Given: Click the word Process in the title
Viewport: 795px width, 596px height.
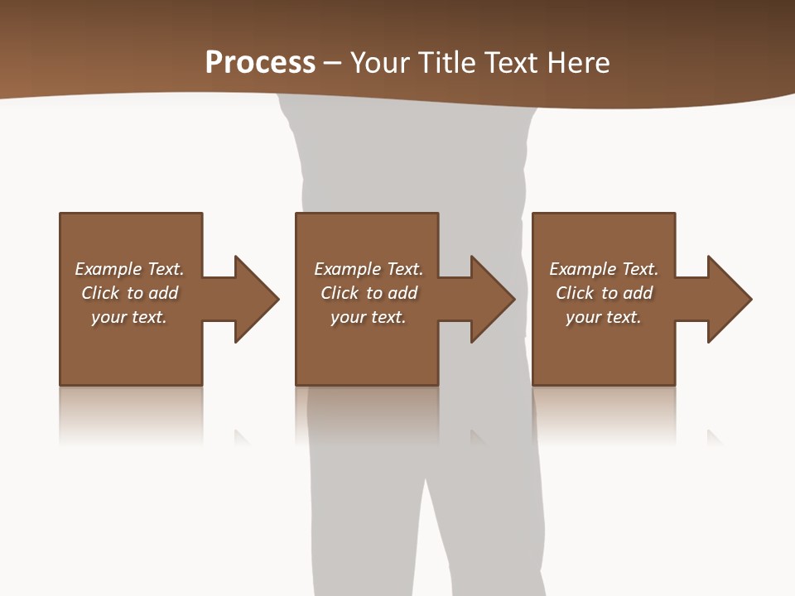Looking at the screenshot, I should point(260,63).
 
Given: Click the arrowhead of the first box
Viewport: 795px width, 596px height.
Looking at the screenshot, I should point(256,299).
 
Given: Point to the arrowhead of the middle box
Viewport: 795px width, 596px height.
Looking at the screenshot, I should point(492,299).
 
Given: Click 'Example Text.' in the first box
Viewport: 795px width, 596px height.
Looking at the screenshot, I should point(129,269).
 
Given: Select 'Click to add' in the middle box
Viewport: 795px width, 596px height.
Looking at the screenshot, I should point(369,293).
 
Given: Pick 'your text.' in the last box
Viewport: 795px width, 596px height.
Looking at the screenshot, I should point(604,317).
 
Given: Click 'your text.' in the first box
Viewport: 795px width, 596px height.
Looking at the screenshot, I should point(129,317).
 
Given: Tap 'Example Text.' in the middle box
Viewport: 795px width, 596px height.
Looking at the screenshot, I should point(369,269).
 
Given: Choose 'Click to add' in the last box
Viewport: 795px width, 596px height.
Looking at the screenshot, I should point(604,293).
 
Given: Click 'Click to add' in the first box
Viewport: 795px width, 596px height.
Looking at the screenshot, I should point(129,293).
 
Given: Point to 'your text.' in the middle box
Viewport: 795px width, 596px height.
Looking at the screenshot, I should point(369,317).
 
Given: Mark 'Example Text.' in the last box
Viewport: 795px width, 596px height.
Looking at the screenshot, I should point(604,269).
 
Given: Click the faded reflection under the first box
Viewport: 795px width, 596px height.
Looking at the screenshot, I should point(131,414).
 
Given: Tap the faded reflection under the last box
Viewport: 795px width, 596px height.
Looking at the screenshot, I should point(604,414).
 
